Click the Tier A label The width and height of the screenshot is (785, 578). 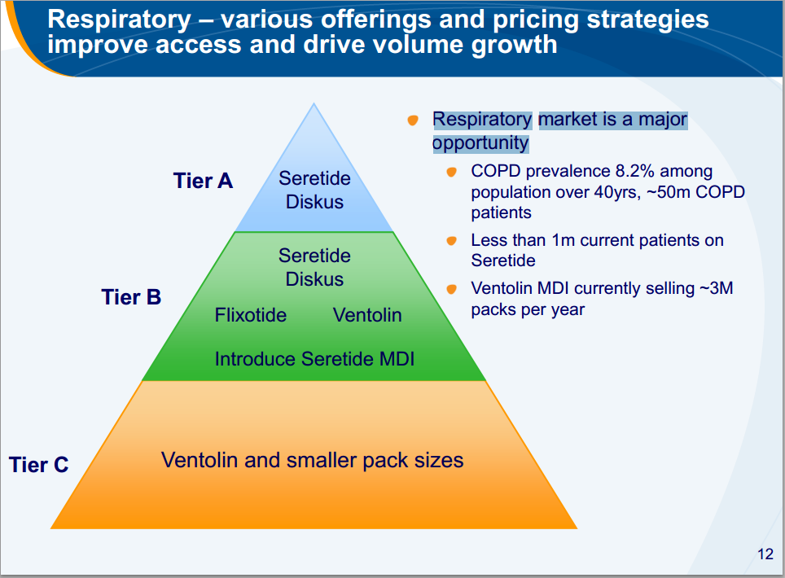203,181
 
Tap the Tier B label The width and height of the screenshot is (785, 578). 131,297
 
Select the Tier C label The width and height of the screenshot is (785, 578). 38,464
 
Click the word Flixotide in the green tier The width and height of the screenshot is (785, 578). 250,315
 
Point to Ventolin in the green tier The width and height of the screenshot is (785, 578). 367,315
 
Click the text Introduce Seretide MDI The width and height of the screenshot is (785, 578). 314,359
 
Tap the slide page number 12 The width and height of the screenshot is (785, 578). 765,554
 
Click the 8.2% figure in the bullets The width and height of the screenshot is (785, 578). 635,171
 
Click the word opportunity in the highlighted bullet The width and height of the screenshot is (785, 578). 480,143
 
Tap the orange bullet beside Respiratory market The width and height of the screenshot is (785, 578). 413,120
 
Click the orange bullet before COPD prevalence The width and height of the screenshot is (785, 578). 451,172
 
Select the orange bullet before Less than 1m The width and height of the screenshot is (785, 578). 451,241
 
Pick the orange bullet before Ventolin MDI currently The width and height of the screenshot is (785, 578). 451,289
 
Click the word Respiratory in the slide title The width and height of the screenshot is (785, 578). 119,20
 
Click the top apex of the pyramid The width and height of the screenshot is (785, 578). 314,103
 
